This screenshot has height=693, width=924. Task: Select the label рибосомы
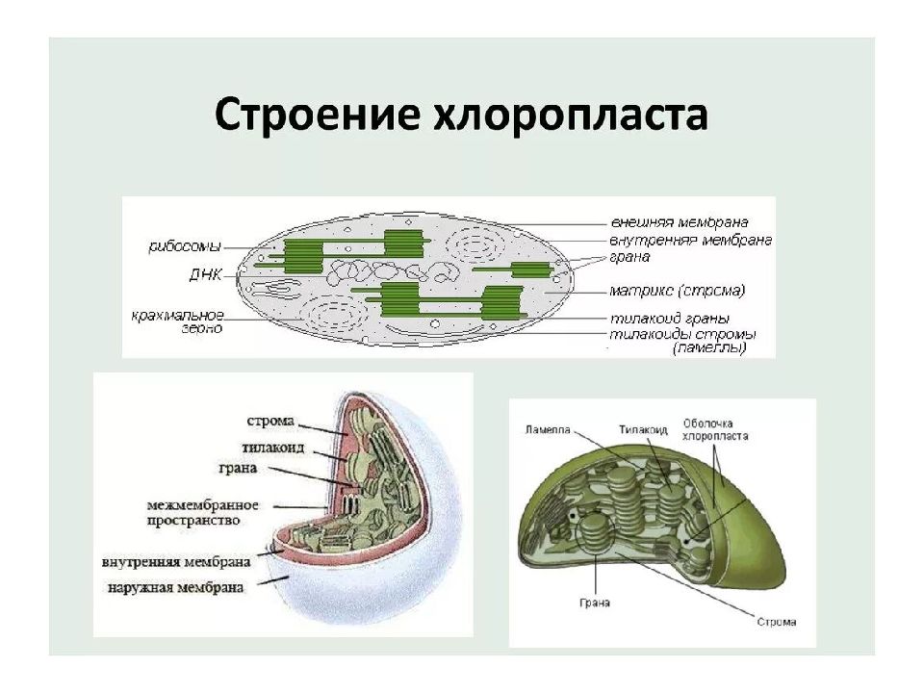(185, 246)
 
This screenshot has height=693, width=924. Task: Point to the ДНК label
(205, 274)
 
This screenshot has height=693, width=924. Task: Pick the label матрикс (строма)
(677, 290)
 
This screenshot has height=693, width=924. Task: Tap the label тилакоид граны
(668, 319)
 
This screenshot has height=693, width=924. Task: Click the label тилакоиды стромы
(680, 334)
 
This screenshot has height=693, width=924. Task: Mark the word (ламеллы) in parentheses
(709, 348)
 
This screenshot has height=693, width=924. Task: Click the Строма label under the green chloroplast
(776, 622)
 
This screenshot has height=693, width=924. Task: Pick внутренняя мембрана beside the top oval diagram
(690, 241)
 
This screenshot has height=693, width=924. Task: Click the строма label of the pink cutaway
(270, 422)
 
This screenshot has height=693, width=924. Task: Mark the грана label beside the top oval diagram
(629, 257)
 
